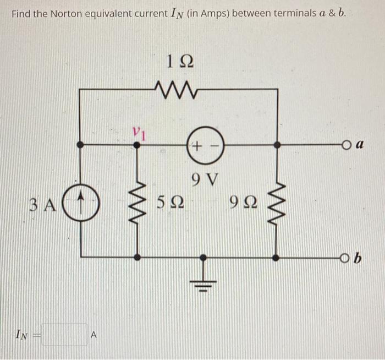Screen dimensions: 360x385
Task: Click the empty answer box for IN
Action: [x=65, y=335]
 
